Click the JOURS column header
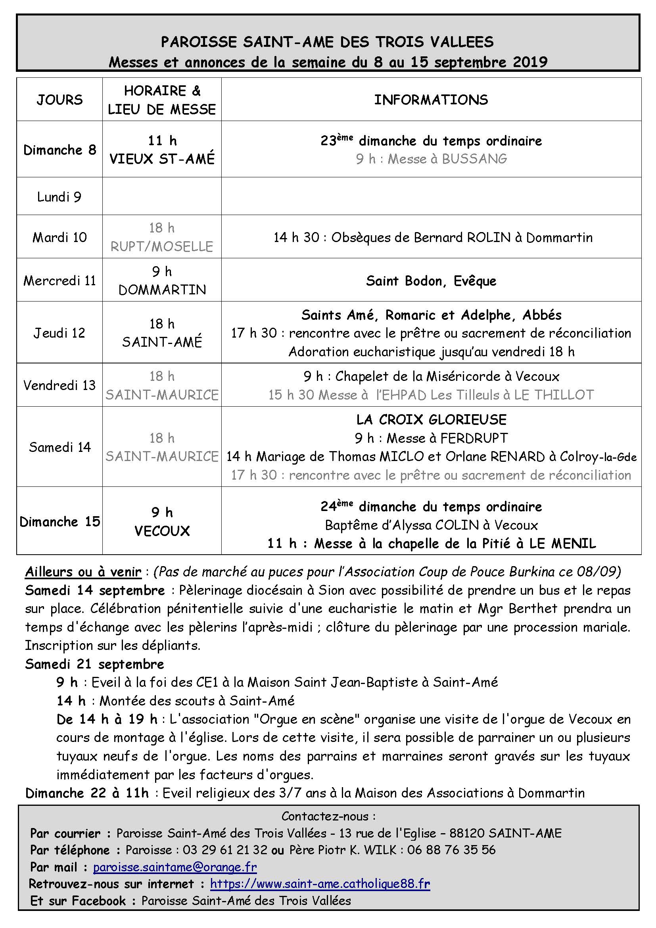click(59, 100)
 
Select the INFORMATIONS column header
click(431, 100)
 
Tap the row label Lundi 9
click(59, 197)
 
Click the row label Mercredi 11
click(59, 281)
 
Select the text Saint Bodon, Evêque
click(431, 281)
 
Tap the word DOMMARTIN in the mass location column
click(162, 290)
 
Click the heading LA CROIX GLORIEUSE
click(431, 419)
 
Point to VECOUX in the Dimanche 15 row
click(162, 531)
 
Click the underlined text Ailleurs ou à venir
click(83, 572)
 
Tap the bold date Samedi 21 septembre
click(94, 664)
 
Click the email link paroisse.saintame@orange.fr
click(175, 867)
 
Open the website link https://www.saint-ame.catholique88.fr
click(320, 884)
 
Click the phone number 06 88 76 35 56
click(451, 849)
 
